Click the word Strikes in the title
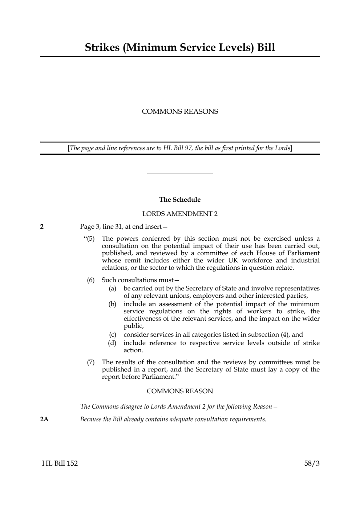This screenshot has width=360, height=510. click(x=102, y=48)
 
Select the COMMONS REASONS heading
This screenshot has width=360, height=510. click(x=180, y=112)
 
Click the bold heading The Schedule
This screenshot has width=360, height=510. click(x=180, y=200)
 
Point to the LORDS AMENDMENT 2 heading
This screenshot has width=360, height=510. click(x=180, y=214)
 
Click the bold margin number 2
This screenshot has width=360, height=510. click(x=42, y=227)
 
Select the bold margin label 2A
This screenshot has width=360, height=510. click(x=44, y=419)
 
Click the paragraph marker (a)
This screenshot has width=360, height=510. click(x=113, y=288)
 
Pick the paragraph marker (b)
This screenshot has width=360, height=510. click(x=113, y=304)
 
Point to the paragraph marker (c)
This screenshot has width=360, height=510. click(x=113, y=334)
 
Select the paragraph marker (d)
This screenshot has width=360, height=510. click(x=112, y=343)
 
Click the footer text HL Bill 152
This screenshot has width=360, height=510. click(x=60, y=463)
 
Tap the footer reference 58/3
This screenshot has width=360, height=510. click(x=312, y=463)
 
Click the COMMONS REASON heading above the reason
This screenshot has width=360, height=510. click(x=180, y=391)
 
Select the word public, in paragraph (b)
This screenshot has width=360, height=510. click(x=134, y=326)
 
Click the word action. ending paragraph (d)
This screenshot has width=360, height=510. click(x=133, y=350)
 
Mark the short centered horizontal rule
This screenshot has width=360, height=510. click(x=180, y=173)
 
